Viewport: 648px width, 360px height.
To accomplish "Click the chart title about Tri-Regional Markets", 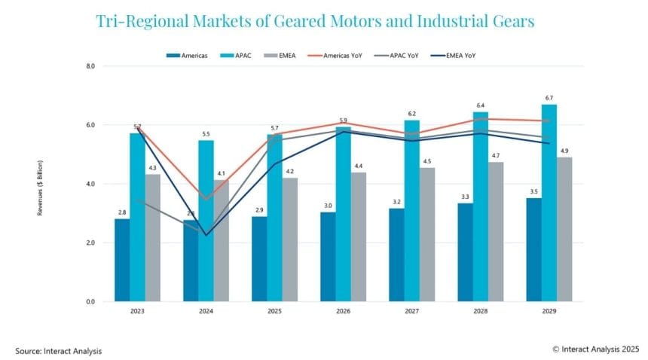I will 315,21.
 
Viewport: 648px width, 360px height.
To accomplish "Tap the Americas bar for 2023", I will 121,260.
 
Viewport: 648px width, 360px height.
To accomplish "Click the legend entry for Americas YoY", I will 337,55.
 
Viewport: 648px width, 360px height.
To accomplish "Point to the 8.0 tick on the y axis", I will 90,66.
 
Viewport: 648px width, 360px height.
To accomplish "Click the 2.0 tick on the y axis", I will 90,243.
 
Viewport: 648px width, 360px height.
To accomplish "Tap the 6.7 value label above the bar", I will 549,98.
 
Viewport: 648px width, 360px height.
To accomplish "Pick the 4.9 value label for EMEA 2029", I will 564,151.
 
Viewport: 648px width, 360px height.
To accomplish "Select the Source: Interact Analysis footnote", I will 58,350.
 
